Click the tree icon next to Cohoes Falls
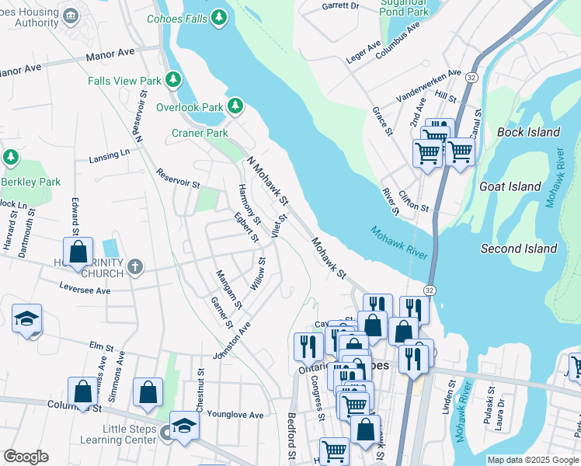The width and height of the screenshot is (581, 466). (x=220, y=16)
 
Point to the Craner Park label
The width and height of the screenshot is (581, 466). (x=200, y=133)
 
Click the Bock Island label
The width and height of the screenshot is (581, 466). (x=528, y=132)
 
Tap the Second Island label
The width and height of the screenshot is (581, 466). (x=519, y=249)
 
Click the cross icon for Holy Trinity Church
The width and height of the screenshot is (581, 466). (x=135, y=267)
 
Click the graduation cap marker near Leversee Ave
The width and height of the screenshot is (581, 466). (x=26, y=318)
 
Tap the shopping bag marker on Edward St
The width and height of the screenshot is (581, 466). (x=78, y=252)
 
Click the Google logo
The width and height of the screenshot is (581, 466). (x=26, y=457)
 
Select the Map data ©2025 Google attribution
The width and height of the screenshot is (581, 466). (x=532, y=460)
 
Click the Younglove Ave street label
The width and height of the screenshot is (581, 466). (x=235, y=415)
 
